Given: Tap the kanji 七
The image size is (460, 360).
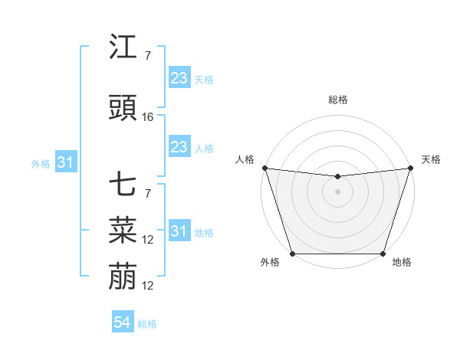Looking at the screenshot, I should (123, 184).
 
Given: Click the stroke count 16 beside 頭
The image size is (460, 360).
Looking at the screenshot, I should (148, 117).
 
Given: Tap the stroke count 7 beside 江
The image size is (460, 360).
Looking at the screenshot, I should (147, 55).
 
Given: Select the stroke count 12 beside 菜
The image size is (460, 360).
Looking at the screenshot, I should (148, 240).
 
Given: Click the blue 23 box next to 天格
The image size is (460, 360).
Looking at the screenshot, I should (179, 78).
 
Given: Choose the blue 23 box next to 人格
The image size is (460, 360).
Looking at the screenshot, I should (179, 147).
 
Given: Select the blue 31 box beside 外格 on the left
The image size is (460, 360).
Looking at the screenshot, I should (65, 163).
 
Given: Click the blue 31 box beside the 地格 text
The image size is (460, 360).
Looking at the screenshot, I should (179, 231).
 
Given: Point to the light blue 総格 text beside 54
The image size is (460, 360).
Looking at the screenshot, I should (147, 324).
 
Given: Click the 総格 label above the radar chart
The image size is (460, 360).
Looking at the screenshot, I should (337, 100).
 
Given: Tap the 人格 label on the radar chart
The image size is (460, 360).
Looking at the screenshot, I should (245, 159).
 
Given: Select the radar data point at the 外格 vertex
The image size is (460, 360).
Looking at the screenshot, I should (292, 254).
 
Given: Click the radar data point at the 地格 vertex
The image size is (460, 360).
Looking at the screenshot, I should (383, 254).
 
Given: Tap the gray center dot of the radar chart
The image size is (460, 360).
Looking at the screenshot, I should (337, 191).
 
